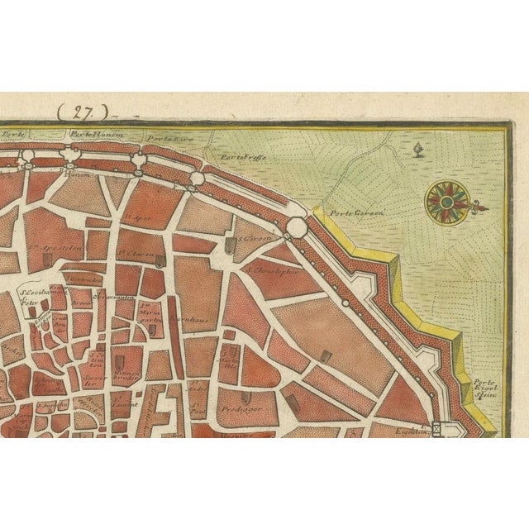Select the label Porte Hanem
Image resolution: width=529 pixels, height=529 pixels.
[x=91, y=134]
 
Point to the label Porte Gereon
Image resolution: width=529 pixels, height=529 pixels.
[x=346, y=212]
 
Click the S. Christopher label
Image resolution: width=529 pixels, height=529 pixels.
[x=269, y=269]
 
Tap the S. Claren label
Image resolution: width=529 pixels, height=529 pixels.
[x=134, y=254]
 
